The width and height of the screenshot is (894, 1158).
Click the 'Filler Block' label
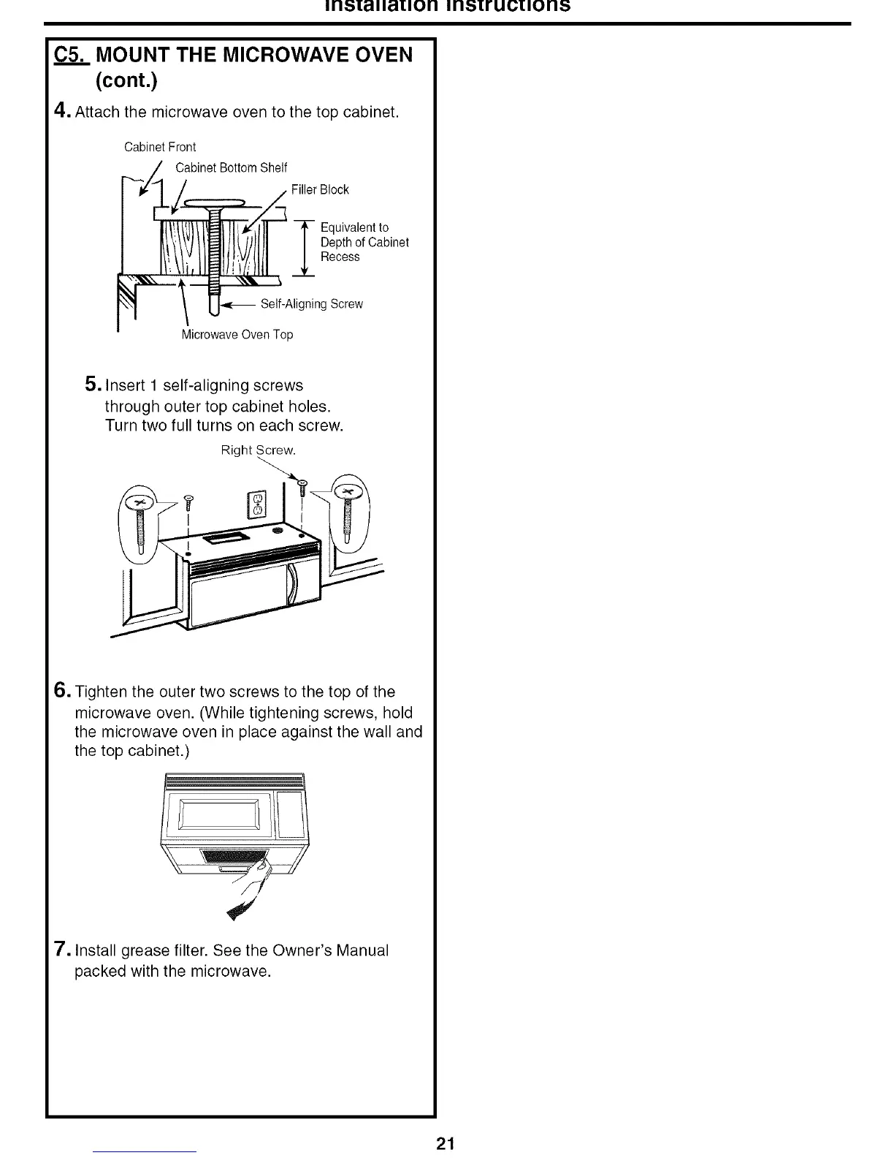point(320,190)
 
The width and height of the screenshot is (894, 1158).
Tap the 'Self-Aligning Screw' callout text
point(311,304)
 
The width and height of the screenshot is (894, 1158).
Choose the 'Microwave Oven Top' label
point(237,335)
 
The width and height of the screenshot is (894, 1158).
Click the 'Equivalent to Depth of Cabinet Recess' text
point(364,242)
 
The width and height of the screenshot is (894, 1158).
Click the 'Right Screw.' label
point(259,450)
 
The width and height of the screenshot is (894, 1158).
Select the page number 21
point(445,1144)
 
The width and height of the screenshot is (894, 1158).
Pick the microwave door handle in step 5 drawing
point(293,585)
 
